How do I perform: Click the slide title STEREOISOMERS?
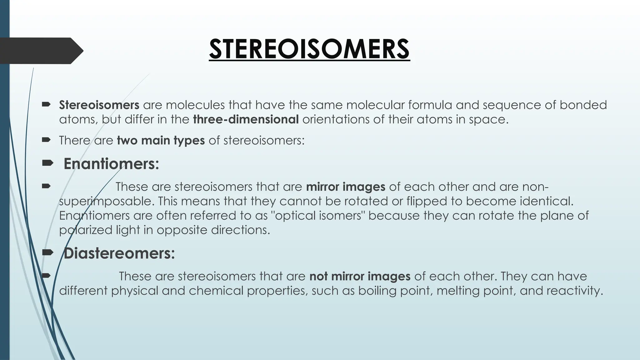pos(309,49)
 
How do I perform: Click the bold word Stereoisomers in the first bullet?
pos(99,105)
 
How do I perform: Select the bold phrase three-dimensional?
pos(246,120)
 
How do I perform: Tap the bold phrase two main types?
pos(161,141)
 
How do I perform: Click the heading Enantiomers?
pos(111,164)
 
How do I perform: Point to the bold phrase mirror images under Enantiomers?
pos(346,187)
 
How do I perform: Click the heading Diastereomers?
pos(119,253)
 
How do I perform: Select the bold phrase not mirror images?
pos(360,277)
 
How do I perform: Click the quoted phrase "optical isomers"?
pos(319,216)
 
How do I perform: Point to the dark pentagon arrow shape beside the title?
pos(41,51)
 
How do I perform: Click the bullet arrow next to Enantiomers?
pos(47,163)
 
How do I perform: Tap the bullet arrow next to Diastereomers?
pos(47,252)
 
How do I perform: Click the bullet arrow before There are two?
pos(46,140)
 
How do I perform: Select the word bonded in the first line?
pos(583,105)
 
